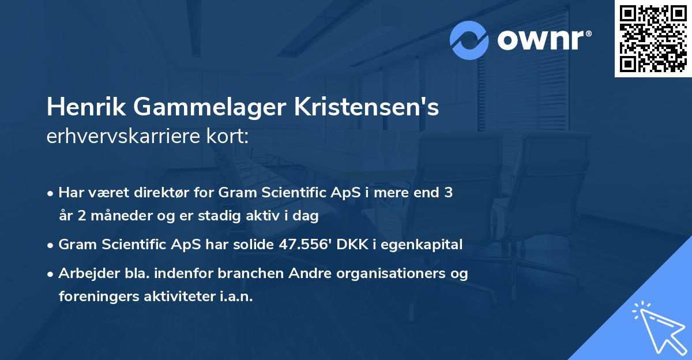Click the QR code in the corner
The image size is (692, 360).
[x=653, y=39]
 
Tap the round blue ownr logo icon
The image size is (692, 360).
[x=469, y=40]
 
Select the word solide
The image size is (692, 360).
[x=251, y=245]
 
